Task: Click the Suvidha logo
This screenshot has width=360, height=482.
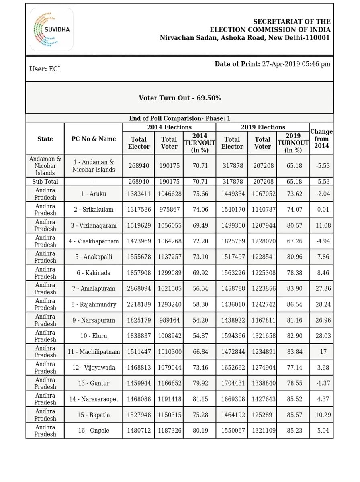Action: pos(51,29)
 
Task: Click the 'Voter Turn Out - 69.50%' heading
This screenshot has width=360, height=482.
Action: pos(180,98)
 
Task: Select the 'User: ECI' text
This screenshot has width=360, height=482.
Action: pos(45,69)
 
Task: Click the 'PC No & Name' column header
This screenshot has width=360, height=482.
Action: pos(94,139)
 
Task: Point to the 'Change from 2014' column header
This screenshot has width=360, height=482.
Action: pos(321,139)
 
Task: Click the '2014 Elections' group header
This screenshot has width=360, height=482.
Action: pos(169,127)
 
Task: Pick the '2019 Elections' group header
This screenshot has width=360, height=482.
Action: pos(263,127)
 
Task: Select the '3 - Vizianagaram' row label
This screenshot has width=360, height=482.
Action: pos(94,226)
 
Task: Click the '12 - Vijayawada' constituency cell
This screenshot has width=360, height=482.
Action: pos(94,368)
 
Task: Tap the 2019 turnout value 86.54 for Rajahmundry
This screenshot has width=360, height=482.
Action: pos(293,304)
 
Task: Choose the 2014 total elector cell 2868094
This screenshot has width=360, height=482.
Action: pos(138,289)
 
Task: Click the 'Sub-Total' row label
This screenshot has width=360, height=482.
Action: pos(45,182)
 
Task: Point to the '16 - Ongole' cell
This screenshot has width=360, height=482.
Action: pos(94,431)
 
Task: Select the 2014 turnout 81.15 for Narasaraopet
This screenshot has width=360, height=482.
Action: pos(200,399)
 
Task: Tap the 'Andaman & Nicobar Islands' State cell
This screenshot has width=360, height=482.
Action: pos(45,166)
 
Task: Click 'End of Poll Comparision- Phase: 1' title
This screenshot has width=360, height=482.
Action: pos(180,118)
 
